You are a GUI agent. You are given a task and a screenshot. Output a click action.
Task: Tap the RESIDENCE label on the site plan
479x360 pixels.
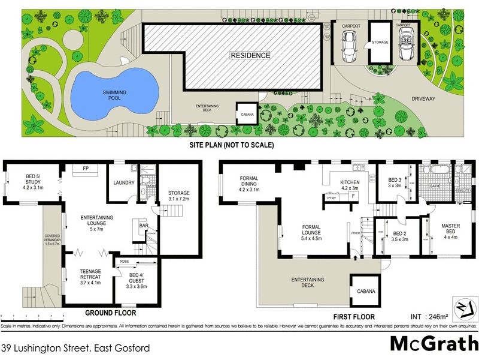(251, 55)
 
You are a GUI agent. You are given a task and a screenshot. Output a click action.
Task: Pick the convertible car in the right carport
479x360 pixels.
(404, 46)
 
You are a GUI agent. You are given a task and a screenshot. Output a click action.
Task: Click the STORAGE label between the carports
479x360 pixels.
(380, 43)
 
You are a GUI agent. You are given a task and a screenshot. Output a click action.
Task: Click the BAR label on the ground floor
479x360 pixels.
(143, 226)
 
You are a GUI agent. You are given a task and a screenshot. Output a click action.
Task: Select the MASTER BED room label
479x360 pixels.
(450, 230)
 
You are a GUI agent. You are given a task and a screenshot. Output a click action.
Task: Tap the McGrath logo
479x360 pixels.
(432, 343)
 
